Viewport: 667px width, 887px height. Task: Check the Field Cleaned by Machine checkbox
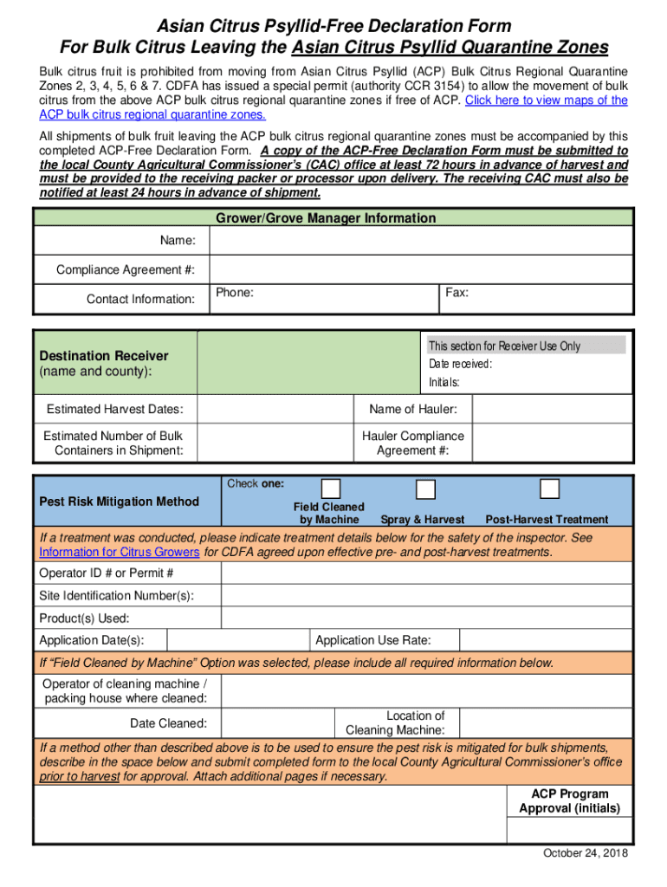tap(330, 489)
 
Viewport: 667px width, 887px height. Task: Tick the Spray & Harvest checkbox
tap(424, 489)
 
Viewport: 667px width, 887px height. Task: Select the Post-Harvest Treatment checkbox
tap(549, 489)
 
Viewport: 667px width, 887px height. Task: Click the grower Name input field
tap(420, 240)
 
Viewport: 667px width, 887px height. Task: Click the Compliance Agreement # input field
tap(420, 269)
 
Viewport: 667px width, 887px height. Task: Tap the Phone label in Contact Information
tap(235, 293)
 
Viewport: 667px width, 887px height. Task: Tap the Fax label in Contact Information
tap(457, 293)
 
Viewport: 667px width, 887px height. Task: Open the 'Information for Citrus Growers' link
tap(120, 552)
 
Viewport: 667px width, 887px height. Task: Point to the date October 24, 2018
tap(586, 854)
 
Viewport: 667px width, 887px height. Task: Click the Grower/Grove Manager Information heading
tap(326, 218)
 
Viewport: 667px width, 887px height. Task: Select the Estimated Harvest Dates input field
tap(275, 409)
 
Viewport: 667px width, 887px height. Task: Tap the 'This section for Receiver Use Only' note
tap(504, 346)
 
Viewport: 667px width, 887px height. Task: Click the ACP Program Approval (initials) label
tap(569, 801)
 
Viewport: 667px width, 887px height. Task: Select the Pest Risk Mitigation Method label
tap(120, 502)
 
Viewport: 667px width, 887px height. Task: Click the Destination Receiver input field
tap(308, 363)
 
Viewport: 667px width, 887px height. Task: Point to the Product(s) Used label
tap(84, 618)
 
